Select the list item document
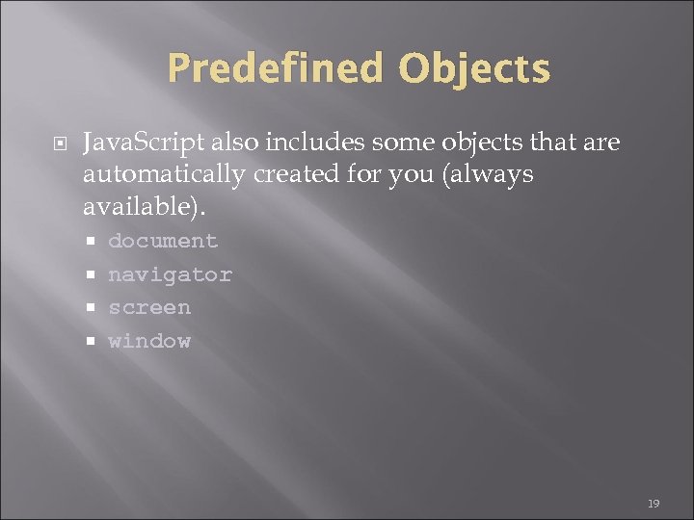(x=163, y=241)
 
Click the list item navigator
(x=170, y=274)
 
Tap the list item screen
(x=149, y=307)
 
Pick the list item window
(x=149, y=341)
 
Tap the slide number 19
(x=653, y=504)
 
